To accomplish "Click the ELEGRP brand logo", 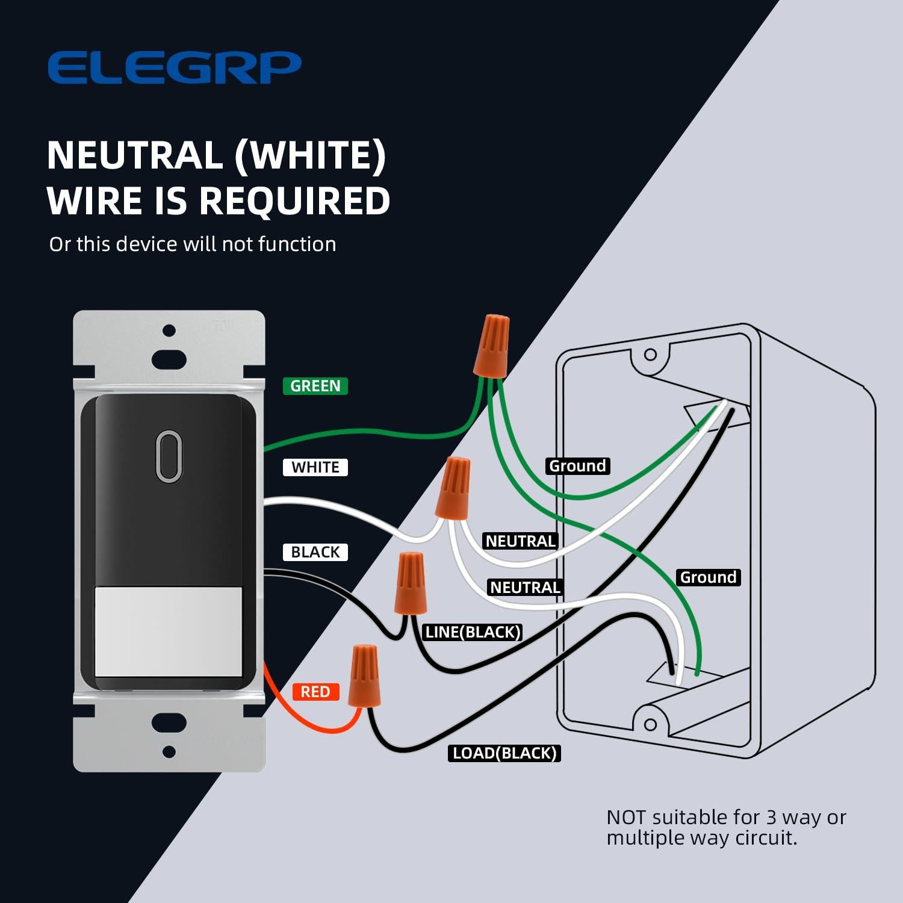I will tap(174, 67).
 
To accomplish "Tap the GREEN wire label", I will tap(315, 386).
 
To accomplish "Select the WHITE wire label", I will tap(315, 467).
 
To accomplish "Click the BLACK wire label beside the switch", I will tap(315, 552).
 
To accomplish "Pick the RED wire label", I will tap(315, 692).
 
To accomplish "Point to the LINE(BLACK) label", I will tap(472, 632).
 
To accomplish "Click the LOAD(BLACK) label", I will tap(504, 753).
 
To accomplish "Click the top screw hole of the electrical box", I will tap(650, 355).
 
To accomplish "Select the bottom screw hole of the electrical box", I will tap(650, 724).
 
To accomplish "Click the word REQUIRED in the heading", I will tap(294, 200).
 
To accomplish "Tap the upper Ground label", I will tap(577, 466).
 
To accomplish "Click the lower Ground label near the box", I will tap(708, 577).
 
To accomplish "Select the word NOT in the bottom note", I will tap(627, 818).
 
